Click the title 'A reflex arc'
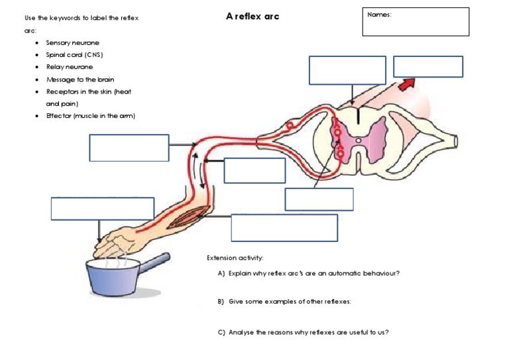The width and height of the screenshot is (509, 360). click(253, 16)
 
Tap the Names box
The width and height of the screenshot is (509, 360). click(416, 22)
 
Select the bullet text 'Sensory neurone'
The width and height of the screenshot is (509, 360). click(73, 43)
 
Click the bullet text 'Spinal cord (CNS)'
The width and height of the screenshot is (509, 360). click(75, 55)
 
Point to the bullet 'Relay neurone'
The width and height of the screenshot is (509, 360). click(70, 67)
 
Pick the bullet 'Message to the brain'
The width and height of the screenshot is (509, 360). click(80, 80)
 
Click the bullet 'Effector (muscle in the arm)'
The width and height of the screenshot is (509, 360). click(91, 116)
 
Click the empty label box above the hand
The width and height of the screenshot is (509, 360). click(103, 208)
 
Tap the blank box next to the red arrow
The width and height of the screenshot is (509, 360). click(427, 67)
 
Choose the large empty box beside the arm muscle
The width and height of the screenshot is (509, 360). click(284, 227)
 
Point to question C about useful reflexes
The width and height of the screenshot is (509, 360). click(302, 332)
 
